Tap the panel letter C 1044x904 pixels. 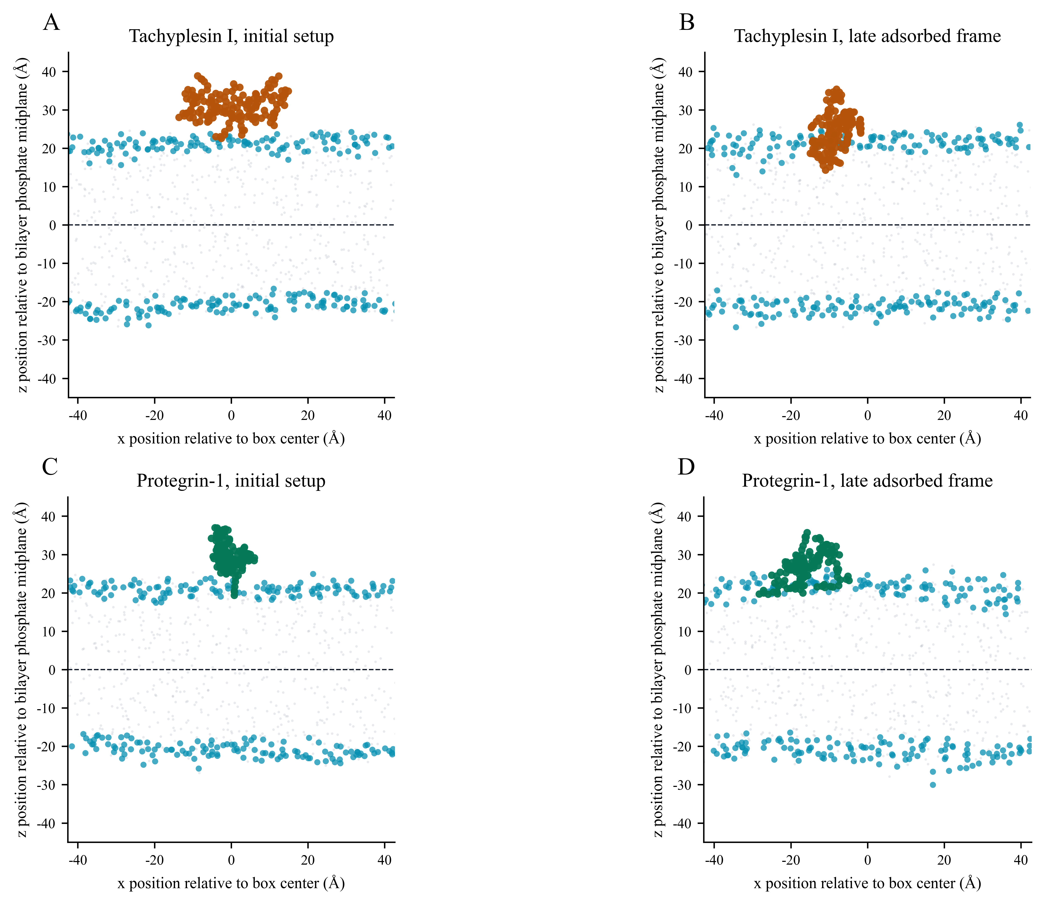[50, 468]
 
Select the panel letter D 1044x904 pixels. [686, 468]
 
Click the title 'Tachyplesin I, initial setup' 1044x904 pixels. [231, 36]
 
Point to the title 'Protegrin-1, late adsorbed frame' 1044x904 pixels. [867, 481]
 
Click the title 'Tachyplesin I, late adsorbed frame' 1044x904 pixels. [867, 36]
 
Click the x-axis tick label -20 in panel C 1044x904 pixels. [154, 860]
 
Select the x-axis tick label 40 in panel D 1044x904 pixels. [1021, 860]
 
